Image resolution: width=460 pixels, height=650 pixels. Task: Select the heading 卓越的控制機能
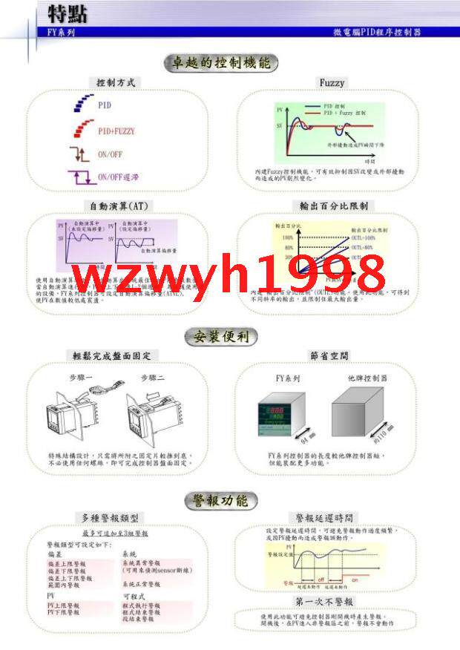tap(220, 63)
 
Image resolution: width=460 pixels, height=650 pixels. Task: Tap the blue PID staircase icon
tap(82, 104)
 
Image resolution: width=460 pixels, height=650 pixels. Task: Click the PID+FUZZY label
tap(117, 131)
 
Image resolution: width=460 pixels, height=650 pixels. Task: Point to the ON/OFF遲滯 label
tap(119, 177)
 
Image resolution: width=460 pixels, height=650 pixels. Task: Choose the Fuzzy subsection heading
tap(332, 82)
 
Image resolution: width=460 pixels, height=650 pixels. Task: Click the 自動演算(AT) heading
tap(114, 205)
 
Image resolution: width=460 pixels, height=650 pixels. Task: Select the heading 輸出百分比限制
tap(332, 205)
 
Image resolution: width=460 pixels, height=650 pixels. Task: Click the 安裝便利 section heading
tap(221, 338)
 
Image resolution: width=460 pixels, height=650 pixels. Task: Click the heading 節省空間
tap(331, 355)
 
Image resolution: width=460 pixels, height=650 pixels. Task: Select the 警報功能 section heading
tap(221, 500)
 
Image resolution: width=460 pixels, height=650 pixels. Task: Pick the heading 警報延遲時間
tap(324, 517)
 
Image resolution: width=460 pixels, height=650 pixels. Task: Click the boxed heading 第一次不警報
tap(324, 601)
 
